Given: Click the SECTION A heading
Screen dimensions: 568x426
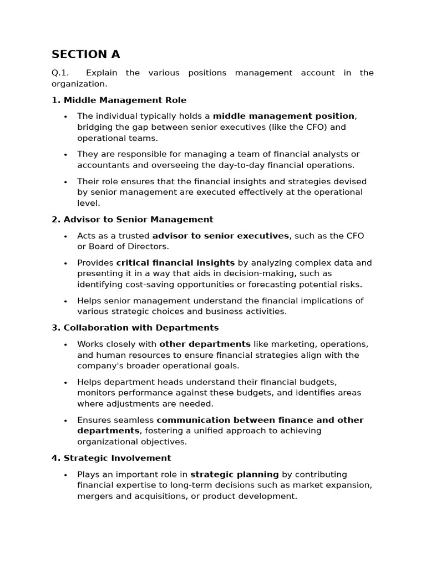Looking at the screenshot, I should coord(85,54).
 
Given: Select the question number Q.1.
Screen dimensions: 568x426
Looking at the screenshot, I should coord(59,73).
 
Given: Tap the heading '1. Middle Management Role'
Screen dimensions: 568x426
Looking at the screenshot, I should coord(119,100).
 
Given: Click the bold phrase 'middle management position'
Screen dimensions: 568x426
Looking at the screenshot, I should coord(283,116).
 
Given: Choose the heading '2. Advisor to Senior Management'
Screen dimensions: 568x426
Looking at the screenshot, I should coord(132,220).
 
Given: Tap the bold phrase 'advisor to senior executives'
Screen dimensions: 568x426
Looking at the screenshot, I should coord(221,236).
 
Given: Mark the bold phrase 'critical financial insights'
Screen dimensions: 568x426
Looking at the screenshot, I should coord(175,263).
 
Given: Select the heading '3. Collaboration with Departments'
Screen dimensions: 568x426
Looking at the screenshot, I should coord(135,328).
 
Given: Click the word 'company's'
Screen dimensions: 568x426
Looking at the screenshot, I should coord(100,366).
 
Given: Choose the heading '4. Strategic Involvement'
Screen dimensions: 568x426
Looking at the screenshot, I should coord(111,458).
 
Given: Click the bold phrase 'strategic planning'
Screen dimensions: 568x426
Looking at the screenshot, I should coord(235,474).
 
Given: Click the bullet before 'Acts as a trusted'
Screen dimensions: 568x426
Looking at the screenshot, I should coord(65,236).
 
